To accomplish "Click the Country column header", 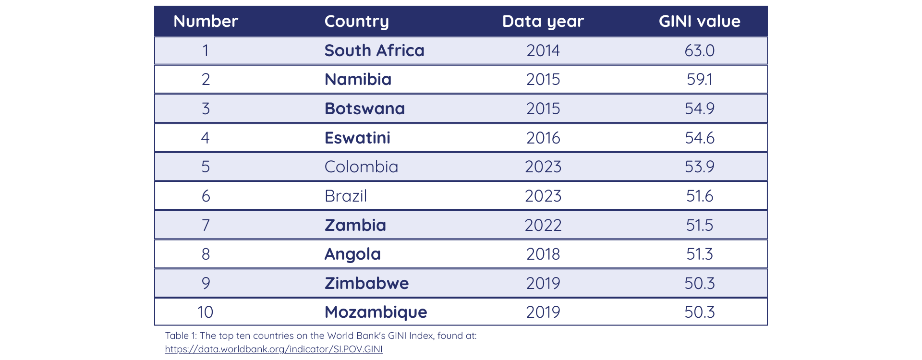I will click(x=356, y=21).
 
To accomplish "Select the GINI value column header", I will click(x=699, y=21).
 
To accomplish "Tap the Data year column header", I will click(x=543, y=21).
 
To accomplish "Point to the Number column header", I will click(x=206, y=21).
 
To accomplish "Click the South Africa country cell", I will click(x=374, y=50).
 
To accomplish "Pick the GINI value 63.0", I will click(x=699, y=50).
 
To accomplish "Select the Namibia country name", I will click(x=358, y=79).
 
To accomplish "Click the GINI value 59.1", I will click(x=699, y=79).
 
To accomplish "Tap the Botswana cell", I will click(x=364, y=108).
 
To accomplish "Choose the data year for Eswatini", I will click(x=543, y=138).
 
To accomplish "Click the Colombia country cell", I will click(x=361, y=167).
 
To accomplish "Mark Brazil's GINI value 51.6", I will click(x=699, y=196).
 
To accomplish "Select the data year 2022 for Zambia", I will click(x=543, y=225).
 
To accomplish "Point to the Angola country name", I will click(x=352, y=254).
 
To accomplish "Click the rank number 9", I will click(x=206, y=283).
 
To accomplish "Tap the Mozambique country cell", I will click(x=376, y=312).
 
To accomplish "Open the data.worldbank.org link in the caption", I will click(x=274, y=349).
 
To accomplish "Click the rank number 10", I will click(x=205, y=312).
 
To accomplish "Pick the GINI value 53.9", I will click(x=699, y=167).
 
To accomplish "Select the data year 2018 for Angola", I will click(x=543, y=254).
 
